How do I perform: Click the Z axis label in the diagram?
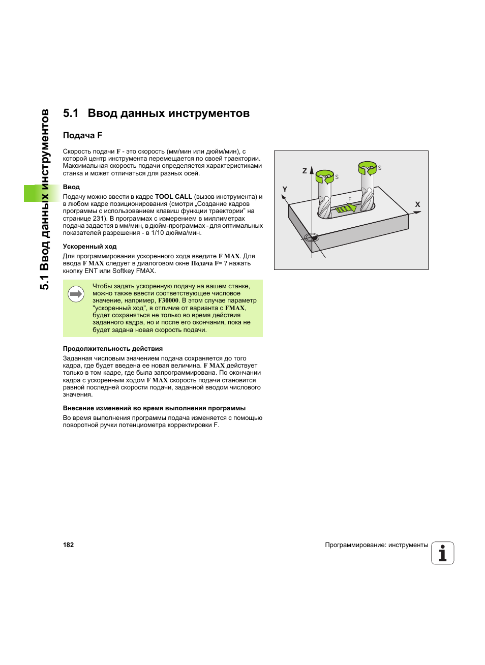click(305, 171)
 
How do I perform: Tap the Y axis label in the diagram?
click(285, 189)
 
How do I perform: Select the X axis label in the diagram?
click(417, 204)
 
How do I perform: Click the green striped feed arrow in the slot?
click(344, 208)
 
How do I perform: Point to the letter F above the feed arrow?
click(350, 199)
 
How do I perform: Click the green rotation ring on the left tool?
click(324, 176)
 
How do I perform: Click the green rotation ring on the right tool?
click(367, 167)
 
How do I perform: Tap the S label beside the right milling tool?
click(380, 168)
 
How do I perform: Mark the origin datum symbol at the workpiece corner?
click(311, 237)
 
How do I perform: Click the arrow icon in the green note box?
click(76, 294)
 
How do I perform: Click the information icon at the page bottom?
click(442, 553)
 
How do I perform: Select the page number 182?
click(68, 545)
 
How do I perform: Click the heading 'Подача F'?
click(82, 135)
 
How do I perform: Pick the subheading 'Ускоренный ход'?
click(89, 247)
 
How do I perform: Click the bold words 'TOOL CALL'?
click(173, 197)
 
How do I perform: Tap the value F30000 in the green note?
click(168, 300)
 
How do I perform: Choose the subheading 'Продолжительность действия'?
click(112, 349)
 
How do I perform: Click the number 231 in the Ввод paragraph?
click(99, 219)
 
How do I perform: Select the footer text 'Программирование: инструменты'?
click(376, 545)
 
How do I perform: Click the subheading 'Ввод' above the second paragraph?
click(71, 187)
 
